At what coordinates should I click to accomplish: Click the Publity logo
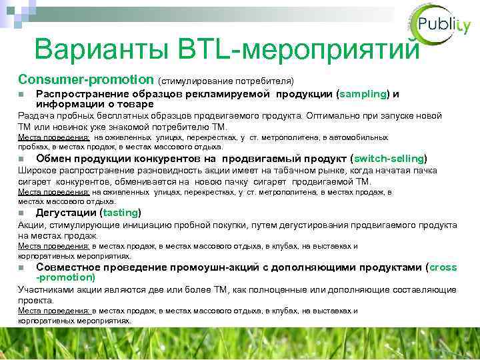441,27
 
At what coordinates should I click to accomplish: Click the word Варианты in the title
101,49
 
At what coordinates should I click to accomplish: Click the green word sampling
363,94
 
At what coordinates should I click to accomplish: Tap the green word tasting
120,213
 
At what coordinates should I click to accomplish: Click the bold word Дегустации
65,213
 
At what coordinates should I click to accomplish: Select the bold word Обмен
54,159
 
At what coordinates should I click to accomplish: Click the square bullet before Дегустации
21,213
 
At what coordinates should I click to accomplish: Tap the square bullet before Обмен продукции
21,159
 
